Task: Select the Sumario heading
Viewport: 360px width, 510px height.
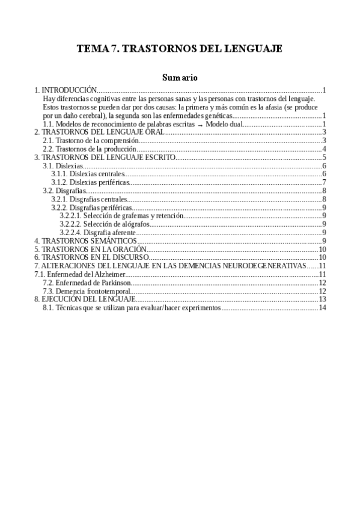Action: click(x=180, y=78)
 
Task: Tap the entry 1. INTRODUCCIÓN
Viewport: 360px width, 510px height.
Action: click(x=66, y=90)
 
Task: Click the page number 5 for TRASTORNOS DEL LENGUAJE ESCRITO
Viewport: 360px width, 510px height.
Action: click(x=324, y=158)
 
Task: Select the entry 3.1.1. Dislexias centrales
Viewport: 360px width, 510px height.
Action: click(x=88, y=174)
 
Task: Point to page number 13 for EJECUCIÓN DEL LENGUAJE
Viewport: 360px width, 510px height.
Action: click(x=322, y=299)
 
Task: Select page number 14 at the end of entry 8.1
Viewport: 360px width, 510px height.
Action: click(x=322, y=308)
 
